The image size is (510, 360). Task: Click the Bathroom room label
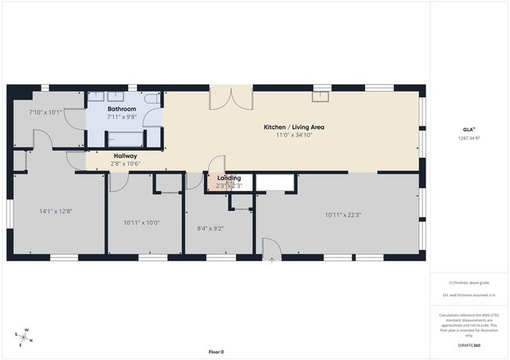click(x=122, y=108)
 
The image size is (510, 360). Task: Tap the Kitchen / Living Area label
click(x=294, y=127)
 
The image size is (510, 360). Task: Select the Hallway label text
click(x=125, y=156)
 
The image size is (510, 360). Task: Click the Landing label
click(x=229, y=178)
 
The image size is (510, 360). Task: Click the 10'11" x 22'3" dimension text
click(x=343, y=215)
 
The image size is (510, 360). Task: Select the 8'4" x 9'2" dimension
click(x=210, y=229)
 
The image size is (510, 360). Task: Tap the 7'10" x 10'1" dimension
click(x=45, y=112)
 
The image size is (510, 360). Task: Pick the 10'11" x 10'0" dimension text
click(x=142, y=222)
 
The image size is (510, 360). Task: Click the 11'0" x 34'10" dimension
click(x=294, y=135)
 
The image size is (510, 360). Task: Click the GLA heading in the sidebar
click(x=469, y=129)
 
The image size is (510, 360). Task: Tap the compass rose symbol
click(x=25, y=338)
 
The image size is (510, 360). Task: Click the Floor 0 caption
click(x=216, y=351)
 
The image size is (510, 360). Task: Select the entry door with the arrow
click(x=272, y=251)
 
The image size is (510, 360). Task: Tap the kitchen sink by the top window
click(x=323, y=97)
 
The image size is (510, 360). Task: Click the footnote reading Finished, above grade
click(x=469, y=283)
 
